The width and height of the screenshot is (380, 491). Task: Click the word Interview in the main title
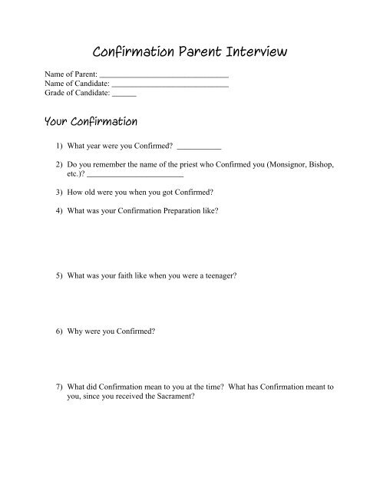[x=253, y=52]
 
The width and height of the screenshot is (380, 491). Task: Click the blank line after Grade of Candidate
[x=124, y=96]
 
